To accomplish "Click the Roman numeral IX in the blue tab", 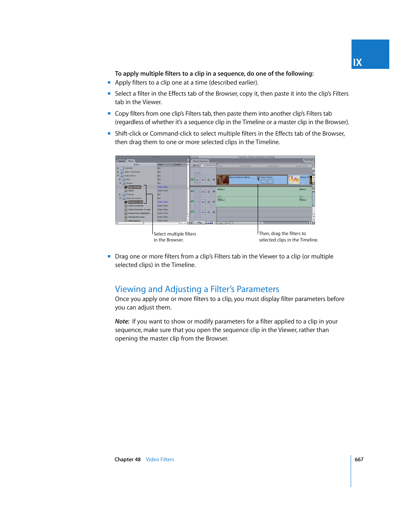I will (x=357, y=62).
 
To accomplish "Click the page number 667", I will (x=359, y=460).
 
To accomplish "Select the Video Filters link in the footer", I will (x=160, y=460).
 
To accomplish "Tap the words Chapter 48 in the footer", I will (x=127, y=460).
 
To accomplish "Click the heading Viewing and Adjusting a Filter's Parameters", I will (x=197, y=289).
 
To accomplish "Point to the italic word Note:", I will (x=122, y=321).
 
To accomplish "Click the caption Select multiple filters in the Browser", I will (x=174, y=237).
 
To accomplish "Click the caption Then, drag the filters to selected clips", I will (x=288, y=237).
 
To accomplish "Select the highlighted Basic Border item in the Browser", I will (x=134, y=187).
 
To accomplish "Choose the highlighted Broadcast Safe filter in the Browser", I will (x=135, y=202).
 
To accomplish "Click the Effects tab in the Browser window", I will (x=131, y=161).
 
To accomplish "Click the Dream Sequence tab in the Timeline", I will (x=200, y=161).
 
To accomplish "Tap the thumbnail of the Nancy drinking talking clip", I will (x=223, y=180).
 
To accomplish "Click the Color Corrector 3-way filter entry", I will (x=139, y=210).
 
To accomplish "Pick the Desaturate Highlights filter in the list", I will (x=139, y=213).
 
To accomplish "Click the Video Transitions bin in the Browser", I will (x=132, y=172).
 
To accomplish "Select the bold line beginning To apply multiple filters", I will (x=214, y=74).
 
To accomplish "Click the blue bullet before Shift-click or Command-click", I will (x=109, y=133).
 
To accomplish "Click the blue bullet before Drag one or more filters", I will (x=109, y=256).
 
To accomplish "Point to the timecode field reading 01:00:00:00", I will (x=209, y=165).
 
